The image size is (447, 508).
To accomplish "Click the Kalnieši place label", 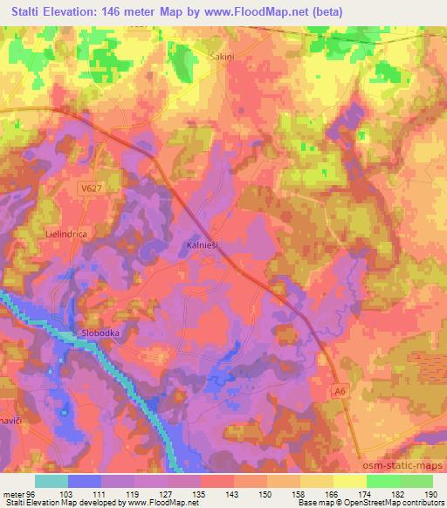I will [x=206, y=247].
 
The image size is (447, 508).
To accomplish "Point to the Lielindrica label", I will [x=68, y=235].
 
